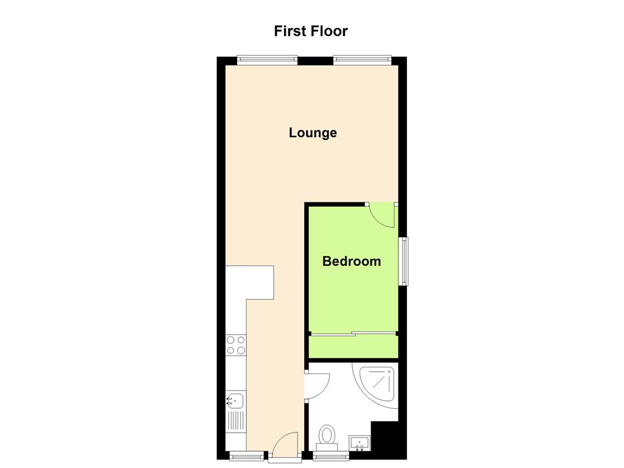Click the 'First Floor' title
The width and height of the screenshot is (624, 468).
click(x=311, y=31)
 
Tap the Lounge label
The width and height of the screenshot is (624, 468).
click(x=313, y=133)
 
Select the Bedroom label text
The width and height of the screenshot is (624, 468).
click(x=352, y=261)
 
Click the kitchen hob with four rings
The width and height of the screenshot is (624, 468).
click(x=235, y=345)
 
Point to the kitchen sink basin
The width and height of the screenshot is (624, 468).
click(x=235, y=400)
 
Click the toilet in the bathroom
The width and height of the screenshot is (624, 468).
click(x=328, y=436)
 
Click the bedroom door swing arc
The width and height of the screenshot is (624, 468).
click(x=383, y=214)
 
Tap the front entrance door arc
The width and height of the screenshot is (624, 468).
click(x=285, y=444)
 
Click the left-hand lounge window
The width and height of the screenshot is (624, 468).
click(x=267, y=60)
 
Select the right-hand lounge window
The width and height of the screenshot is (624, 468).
click(x=362, y=60)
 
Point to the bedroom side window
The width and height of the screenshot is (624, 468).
click(x=403, y=261)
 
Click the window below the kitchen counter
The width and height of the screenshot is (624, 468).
click(x=247, y=455)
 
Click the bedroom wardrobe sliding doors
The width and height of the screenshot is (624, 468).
click(x=353, y=333)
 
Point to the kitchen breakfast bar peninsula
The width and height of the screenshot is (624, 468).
click(x=258, y=282)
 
